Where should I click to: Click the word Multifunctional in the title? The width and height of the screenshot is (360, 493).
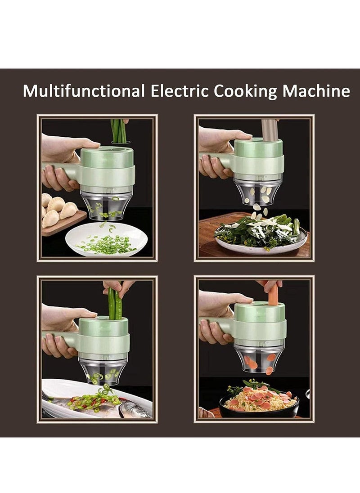click(83, 91)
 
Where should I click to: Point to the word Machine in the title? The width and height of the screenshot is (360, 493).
click(316, 91)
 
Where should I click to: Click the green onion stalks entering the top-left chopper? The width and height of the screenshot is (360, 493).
click(119, 130)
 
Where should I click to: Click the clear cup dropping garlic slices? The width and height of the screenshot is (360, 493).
click(258, 191)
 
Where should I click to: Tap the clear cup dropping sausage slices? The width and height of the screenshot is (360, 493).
click(259, 358)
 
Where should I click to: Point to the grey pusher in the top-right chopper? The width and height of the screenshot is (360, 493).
click(269, 130)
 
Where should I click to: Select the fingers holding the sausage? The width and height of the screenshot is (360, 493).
click(270, 284)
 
